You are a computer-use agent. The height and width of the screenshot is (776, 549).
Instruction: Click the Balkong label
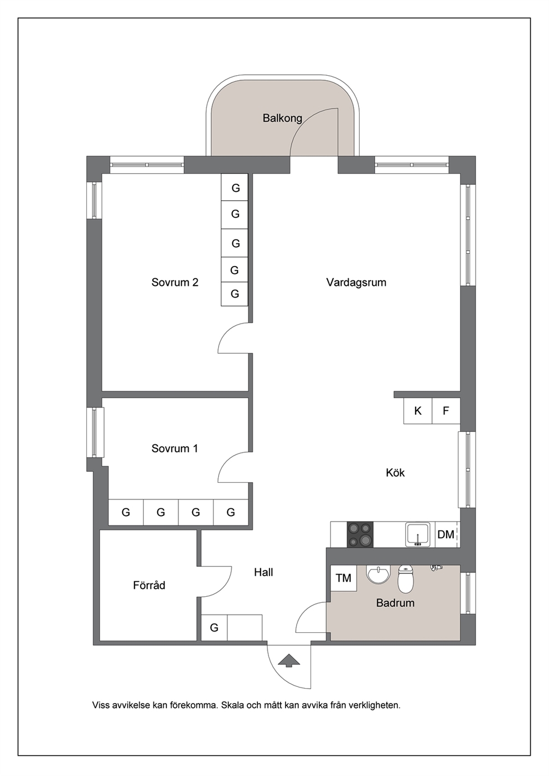click(x=282, y=118)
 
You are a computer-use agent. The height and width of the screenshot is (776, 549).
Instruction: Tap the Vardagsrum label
click(x=356, y=282)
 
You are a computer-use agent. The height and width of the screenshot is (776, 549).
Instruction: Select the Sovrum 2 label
click(x=175, y=282)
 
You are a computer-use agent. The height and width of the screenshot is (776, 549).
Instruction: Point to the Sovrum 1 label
click(x=175, y=449)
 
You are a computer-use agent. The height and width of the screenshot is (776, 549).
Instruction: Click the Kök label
click(x=395, y=472)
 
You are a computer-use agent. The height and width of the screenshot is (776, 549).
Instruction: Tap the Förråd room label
click(x=149, y=585)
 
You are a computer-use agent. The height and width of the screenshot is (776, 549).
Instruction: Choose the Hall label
click(x=263, y=572)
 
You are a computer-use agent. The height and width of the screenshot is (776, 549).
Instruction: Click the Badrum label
click(x=395, y=603)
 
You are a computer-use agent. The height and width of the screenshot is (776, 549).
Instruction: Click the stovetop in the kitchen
click(x=360, y=534)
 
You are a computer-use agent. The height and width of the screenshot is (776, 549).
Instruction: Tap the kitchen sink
click(x=418, y=534)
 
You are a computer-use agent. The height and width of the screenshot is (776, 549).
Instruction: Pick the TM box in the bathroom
click(x=344, y=578)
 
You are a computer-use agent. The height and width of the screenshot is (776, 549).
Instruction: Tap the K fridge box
click(x=418, y=411)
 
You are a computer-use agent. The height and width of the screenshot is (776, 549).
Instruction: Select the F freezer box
click(x=446, y=411)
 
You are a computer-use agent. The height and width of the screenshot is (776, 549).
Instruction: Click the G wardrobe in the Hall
click(x=214, y=627)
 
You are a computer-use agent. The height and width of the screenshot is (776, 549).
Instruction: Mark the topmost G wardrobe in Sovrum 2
click(x=235, y=187)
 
